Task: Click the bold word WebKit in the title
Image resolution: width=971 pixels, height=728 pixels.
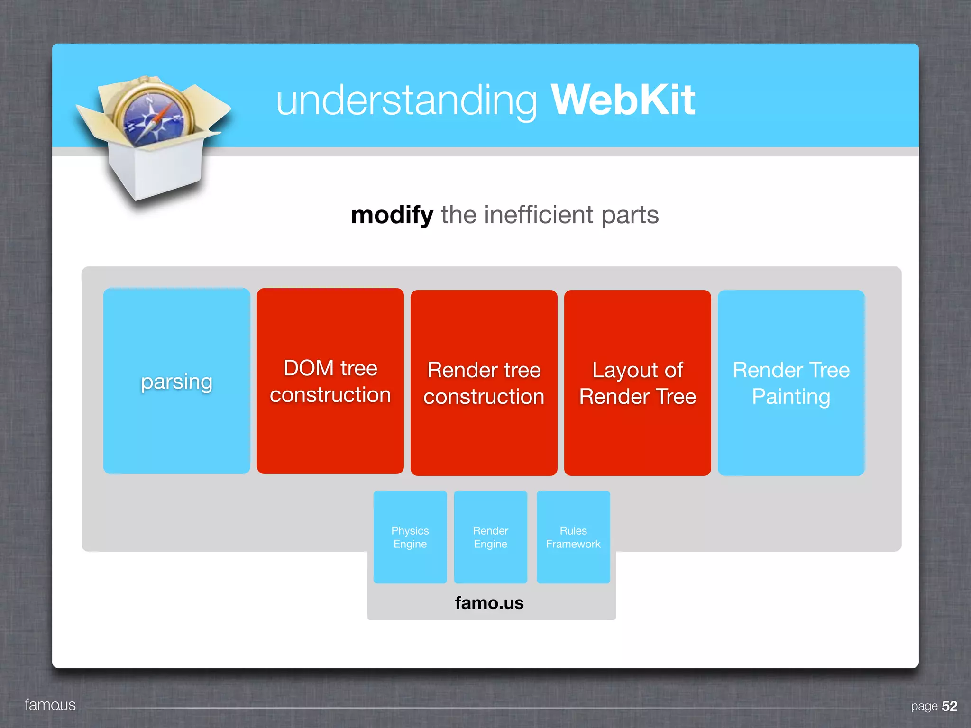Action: pyautogui.click(x=622, y=100)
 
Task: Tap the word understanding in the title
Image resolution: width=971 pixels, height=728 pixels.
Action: pyautogui.click(x=407, y=101)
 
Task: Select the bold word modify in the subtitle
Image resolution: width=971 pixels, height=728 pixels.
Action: pyautogui.click(x=392, y=215)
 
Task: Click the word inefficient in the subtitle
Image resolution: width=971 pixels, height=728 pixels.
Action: pyautogui.click(x=538, y=215)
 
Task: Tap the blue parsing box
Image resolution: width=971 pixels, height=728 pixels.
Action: pyautogui.click(x=176, y=381)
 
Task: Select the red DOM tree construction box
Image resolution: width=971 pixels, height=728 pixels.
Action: pyautogui.click(x=330, y=381)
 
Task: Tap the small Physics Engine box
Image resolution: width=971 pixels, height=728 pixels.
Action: pyautogui.click(x=410, y=537)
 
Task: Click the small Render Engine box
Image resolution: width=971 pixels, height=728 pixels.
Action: pyautogui.click(x=490, y=537)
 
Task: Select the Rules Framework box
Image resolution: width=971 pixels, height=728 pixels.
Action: pyautogui.click(x=573, y=537)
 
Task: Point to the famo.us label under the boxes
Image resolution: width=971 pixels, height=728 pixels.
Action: pyautogui.click(x=489, y=603)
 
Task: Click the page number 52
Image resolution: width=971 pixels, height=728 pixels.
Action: pyautogui.click(x=949, y=706)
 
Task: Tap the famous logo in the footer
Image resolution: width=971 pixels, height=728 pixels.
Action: pyautogui.click(x=50, y=705)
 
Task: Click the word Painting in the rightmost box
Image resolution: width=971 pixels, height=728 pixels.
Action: pyautogui.click(x=791, y=396)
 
